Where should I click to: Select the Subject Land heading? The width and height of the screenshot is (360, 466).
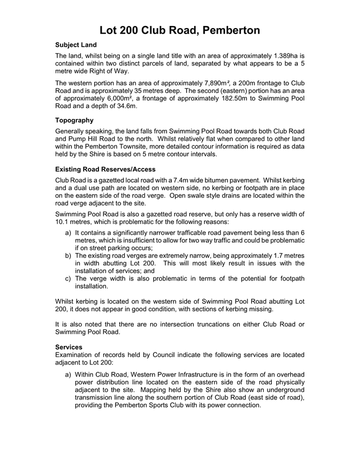tap(77, 46)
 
